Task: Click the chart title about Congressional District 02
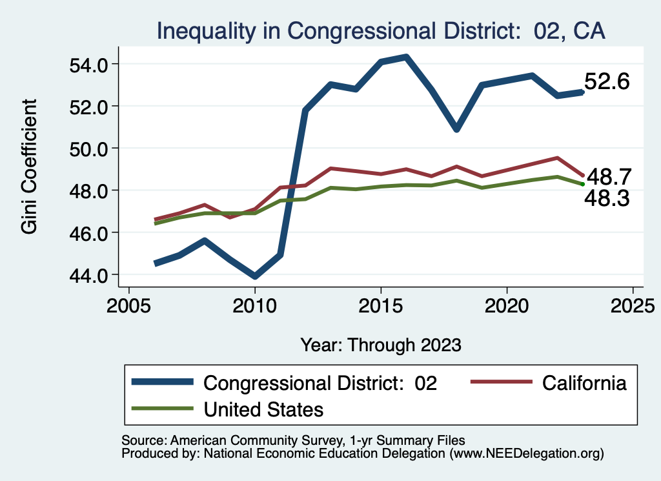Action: point(381,31)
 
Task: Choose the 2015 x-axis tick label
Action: point(381,304)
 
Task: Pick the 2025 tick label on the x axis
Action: point(633,304)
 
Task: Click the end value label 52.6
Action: point(607,82)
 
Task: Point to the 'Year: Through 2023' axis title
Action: point(381,345)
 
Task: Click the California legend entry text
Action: point(584,383)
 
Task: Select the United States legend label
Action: point(263,409)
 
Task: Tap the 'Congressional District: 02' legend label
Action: point(321,383)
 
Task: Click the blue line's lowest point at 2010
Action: point(255,276)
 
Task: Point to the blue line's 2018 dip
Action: point(456,129)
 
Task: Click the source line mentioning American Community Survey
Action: point(293,440)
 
